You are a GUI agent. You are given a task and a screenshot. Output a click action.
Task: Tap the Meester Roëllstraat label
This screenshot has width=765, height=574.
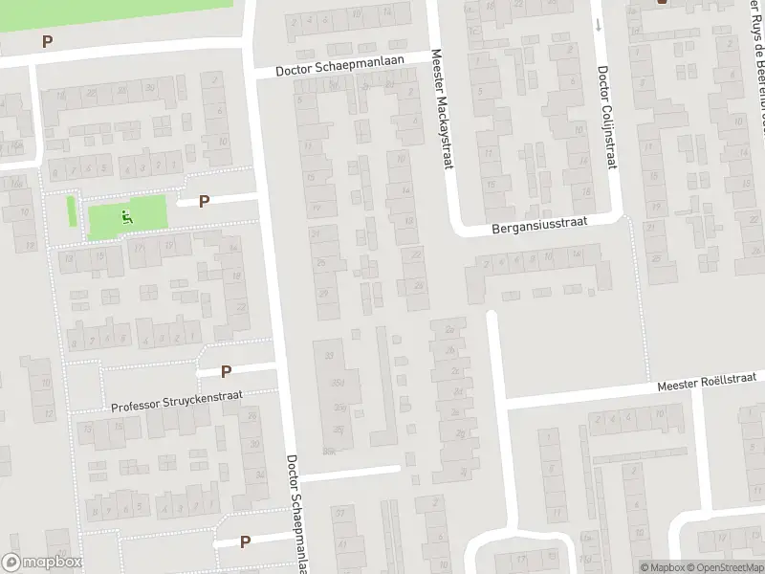tap(707, 385)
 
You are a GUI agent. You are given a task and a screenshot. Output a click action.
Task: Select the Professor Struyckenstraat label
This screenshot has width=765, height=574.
tap(177, 401)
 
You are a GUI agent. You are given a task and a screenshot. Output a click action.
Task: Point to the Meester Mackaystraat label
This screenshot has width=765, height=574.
tap(440, 111)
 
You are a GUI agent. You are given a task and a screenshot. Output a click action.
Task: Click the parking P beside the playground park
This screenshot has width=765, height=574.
tap(204, 201)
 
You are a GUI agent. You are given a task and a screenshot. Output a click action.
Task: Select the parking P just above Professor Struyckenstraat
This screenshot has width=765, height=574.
tap(227, 371)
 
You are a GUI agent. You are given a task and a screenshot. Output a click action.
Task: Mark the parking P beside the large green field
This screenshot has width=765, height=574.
tap(47, 41)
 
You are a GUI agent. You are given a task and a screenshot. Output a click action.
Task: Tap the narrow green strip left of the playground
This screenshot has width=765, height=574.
tap(71, 211)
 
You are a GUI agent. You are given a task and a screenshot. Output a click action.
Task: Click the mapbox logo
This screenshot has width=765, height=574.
tap(41, 563)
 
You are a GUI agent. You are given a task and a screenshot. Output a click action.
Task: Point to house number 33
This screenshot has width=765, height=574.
tap(330, 356)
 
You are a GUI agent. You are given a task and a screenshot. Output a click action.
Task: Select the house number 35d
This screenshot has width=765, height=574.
tap(336, 383)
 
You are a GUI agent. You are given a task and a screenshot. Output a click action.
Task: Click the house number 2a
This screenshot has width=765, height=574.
tap(449, 330)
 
